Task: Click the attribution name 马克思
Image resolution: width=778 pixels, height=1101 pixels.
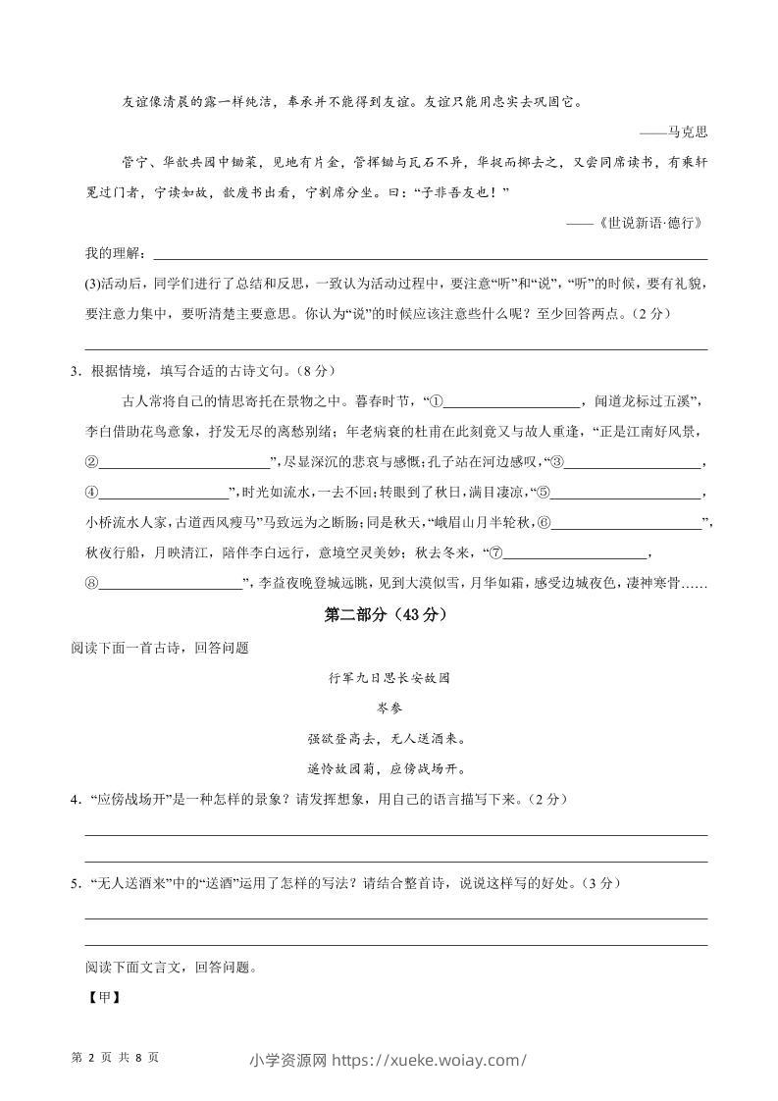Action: [x=687, y=131]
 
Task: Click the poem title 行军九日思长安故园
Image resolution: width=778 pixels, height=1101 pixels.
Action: [x=389, y=678]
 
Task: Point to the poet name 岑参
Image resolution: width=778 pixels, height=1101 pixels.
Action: [x=389, y=708]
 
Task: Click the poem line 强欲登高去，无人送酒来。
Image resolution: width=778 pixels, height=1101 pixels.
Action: [x=389, y=738]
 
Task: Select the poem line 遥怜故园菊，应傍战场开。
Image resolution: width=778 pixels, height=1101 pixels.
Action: [x=389, y=767]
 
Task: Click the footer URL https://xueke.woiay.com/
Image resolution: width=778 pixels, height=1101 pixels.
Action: [x=429, y=1059]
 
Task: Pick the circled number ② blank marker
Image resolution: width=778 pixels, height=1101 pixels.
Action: [x=92, y=463]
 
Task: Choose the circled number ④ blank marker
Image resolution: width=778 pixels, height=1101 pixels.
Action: [x=92, y=494]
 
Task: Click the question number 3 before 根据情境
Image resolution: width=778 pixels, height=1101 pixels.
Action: [x=75, y=371]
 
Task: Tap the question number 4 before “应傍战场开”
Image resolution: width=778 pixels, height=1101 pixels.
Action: [x=75, y=800]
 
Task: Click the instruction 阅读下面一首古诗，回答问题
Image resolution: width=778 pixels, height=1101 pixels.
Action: [x=160, y=648]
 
